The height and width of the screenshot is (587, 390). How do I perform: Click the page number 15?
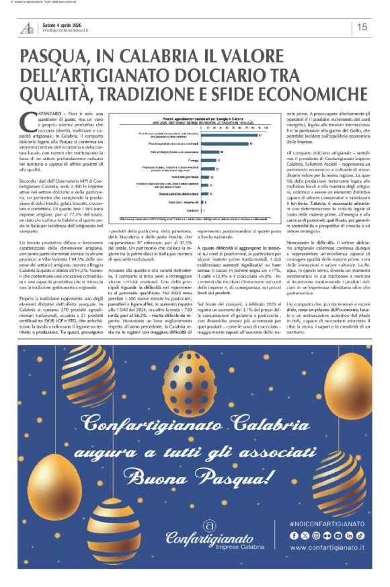click(x=362, y=28)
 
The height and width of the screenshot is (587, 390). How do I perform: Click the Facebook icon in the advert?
click(x=294, y=535)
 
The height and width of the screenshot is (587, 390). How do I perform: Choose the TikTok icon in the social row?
click(x=360, y=535)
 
